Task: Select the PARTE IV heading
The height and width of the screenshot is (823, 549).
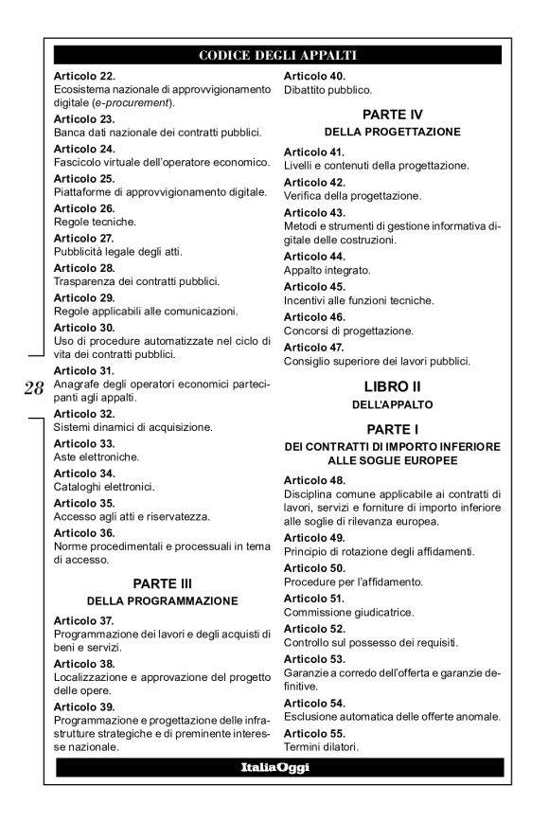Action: [392, 114]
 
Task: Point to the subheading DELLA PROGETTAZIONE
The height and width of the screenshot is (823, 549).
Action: [392, 132]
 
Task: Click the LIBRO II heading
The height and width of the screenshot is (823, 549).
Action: [392, 385]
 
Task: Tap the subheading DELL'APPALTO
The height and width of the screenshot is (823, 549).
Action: [392, 403]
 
